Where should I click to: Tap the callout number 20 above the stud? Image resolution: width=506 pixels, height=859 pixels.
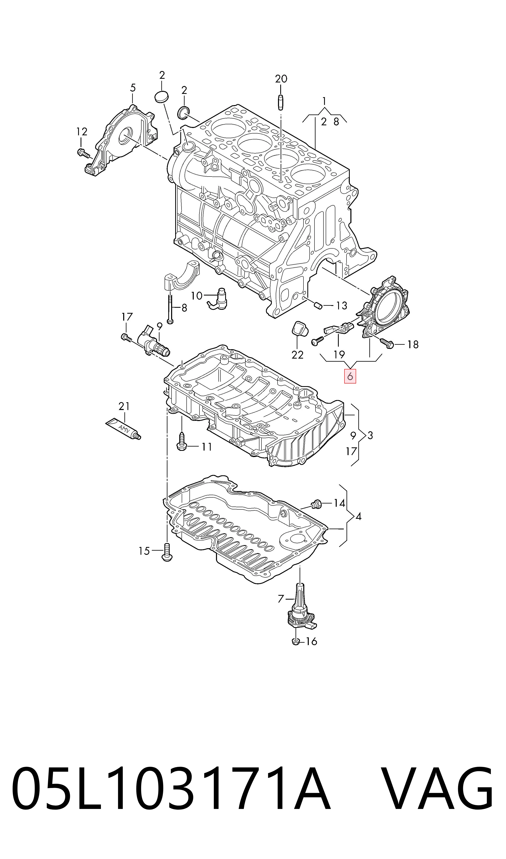[x=281, y=79]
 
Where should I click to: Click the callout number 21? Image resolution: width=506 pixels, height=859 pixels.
[x=124, y=406]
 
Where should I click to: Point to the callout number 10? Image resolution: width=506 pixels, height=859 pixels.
[x=197, y=296]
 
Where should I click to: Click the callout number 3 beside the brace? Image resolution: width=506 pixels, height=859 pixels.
[x=370, y=435]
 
